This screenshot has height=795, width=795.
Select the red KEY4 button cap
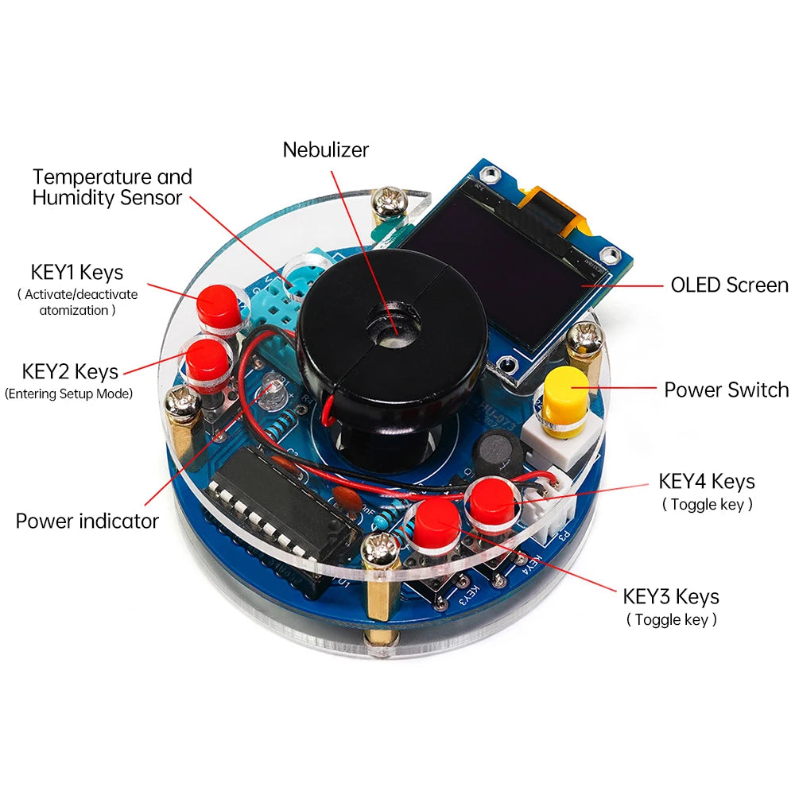pyautogui.click(x=491, y=499)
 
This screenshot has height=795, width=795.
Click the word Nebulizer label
pyautogui.click(x=326, y=149)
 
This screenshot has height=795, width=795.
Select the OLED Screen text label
pyautogui.click(x=729, y=285)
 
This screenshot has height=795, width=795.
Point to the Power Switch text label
pyautogui.click(x=726, y=390)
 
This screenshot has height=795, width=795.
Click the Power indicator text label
pyautogui.click(x=87, y=522)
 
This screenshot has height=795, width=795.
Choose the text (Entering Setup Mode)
pyautogui.click(x=68, y=394)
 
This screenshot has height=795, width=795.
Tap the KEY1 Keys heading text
pyautogui.click(x=77, y=273)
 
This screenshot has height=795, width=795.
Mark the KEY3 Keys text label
pyautogui.click(x=670, y=596)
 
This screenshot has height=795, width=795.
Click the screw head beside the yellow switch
pyautogui.click(x=587, y=339)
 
